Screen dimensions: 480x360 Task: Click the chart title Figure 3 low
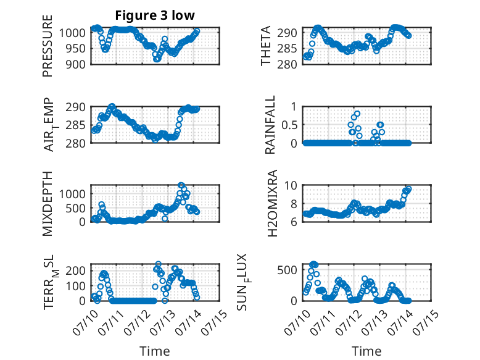[155, 15]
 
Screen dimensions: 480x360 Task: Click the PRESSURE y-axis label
[48, 46]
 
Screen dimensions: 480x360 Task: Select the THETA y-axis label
[266, 46]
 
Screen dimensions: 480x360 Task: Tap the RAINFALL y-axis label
[270, 125]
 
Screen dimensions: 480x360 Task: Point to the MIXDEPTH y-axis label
[48, 203]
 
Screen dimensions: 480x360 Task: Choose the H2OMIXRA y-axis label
[273, 203]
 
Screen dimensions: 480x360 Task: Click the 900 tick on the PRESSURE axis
[76, 64]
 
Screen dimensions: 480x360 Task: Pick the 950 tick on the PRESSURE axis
[76, 48]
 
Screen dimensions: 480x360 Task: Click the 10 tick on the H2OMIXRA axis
[291, 185]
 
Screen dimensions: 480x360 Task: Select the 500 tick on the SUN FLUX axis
[287, 270]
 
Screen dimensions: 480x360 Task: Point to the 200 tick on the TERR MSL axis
[76, 270]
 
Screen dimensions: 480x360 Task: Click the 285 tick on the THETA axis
[287, 48]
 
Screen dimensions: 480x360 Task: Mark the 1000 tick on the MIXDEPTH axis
[73, 194]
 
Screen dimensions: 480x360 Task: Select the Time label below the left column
[155, 351]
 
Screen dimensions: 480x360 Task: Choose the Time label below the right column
[366, 351]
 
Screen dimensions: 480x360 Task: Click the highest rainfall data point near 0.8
[357, 114]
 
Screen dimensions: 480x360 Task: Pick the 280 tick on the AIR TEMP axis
[76, 143]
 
